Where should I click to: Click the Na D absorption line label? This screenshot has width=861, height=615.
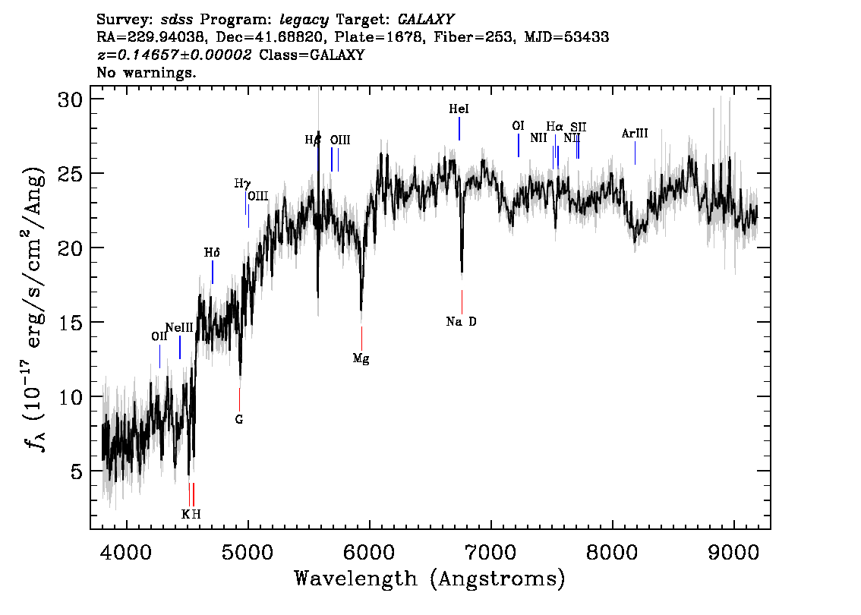462,322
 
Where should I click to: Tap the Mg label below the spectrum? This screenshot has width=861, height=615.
361,358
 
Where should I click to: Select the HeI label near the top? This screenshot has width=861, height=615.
459,109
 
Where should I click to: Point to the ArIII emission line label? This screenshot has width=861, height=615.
635,134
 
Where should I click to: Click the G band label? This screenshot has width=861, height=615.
239,419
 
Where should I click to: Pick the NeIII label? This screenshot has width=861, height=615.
179,328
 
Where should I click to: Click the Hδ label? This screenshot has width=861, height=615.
212,252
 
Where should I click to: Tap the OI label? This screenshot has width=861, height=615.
518,126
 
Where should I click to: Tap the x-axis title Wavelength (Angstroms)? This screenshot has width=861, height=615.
430,579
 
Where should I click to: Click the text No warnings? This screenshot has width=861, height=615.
147,73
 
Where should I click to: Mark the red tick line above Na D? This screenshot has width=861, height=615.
462,301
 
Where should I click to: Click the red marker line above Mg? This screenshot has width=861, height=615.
361,338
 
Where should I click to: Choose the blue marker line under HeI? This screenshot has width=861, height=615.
459,129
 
